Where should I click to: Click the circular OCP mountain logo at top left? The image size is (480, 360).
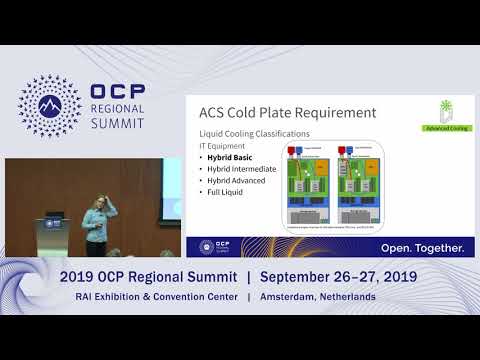tap(50, 104)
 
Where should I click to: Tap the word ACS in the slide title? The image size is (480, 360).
tap(216, 113)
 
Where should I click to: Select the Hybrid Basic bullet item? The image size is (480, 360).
tap(233, 158)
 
